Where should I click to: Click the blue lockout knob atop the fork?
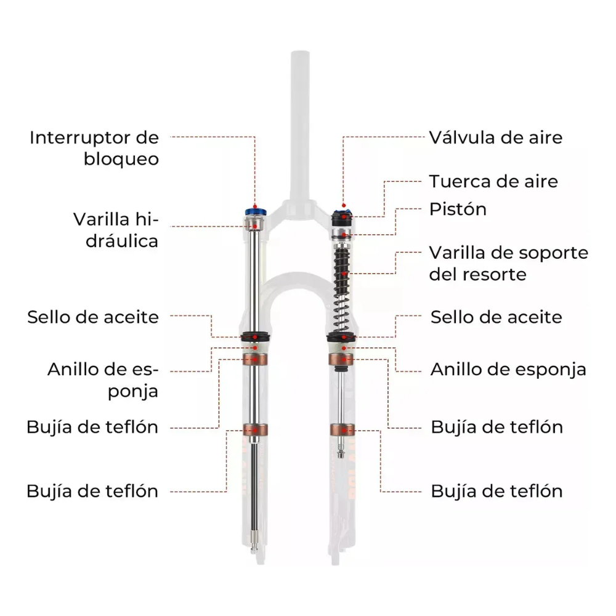[x=256, y=212]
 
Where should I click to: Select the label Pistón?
[x=458, y=209]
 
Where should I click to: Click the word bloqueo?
[x=121, y=160]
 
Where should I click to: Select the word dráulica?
[x=122, y=241]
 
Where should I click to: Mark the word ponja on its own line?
[x=133, y=392]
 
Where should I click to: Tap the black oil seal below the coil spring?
[x=341, y=337]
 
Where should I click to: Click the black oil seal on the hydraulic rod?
[x=256, y=337]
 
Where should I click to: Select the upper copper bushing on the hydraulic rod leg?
[x=255, y=359]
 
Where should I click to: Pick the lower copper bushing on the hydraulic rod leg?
[x=255, y=430]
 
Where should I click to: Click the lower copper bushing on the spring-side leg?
[x=342, y=430]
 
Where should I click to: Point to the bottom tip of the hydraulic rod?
[x=254, y=552]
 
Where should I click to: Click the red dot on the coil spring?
[x=343, y=274]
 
